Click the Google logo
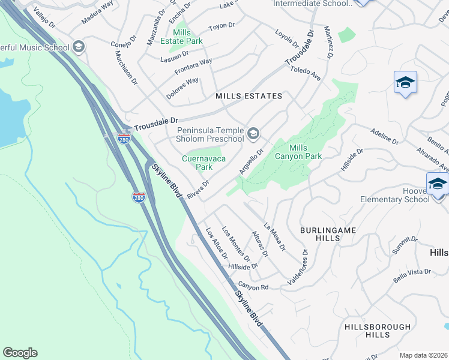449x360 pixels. pos(20,353)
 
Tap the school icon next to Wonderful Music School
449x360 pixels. pos(78,47)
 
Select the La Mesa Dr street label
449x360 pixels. pos(274,235)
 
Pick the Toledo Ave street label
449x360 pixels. pos(306,74)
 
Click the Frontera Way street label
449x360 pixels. pos(193,66)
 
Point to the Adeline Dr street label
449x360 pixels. pos(384,137)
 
